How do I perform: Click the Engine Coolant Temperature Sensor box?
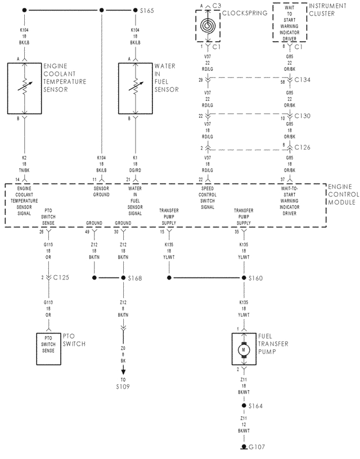point(24,88)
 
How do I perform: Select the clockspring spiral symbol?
point(208,25)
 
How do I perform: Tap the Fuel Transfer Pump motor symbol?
point(244,349)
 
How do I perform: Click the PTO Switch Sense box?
point(48,344)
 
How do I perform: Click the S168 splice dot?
point(123,278)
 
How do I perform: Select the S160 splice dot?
point(244,278)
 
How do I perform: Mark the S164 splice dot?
point(244,406)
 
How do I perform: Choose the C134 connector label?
point(303,80)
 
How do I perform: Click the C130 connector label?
point(303,116)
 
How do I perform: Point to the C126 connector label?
point(303,148)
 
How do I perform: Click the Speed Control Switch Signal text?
point(208,197)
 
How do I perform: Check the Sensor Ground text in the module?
point(101,192)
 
